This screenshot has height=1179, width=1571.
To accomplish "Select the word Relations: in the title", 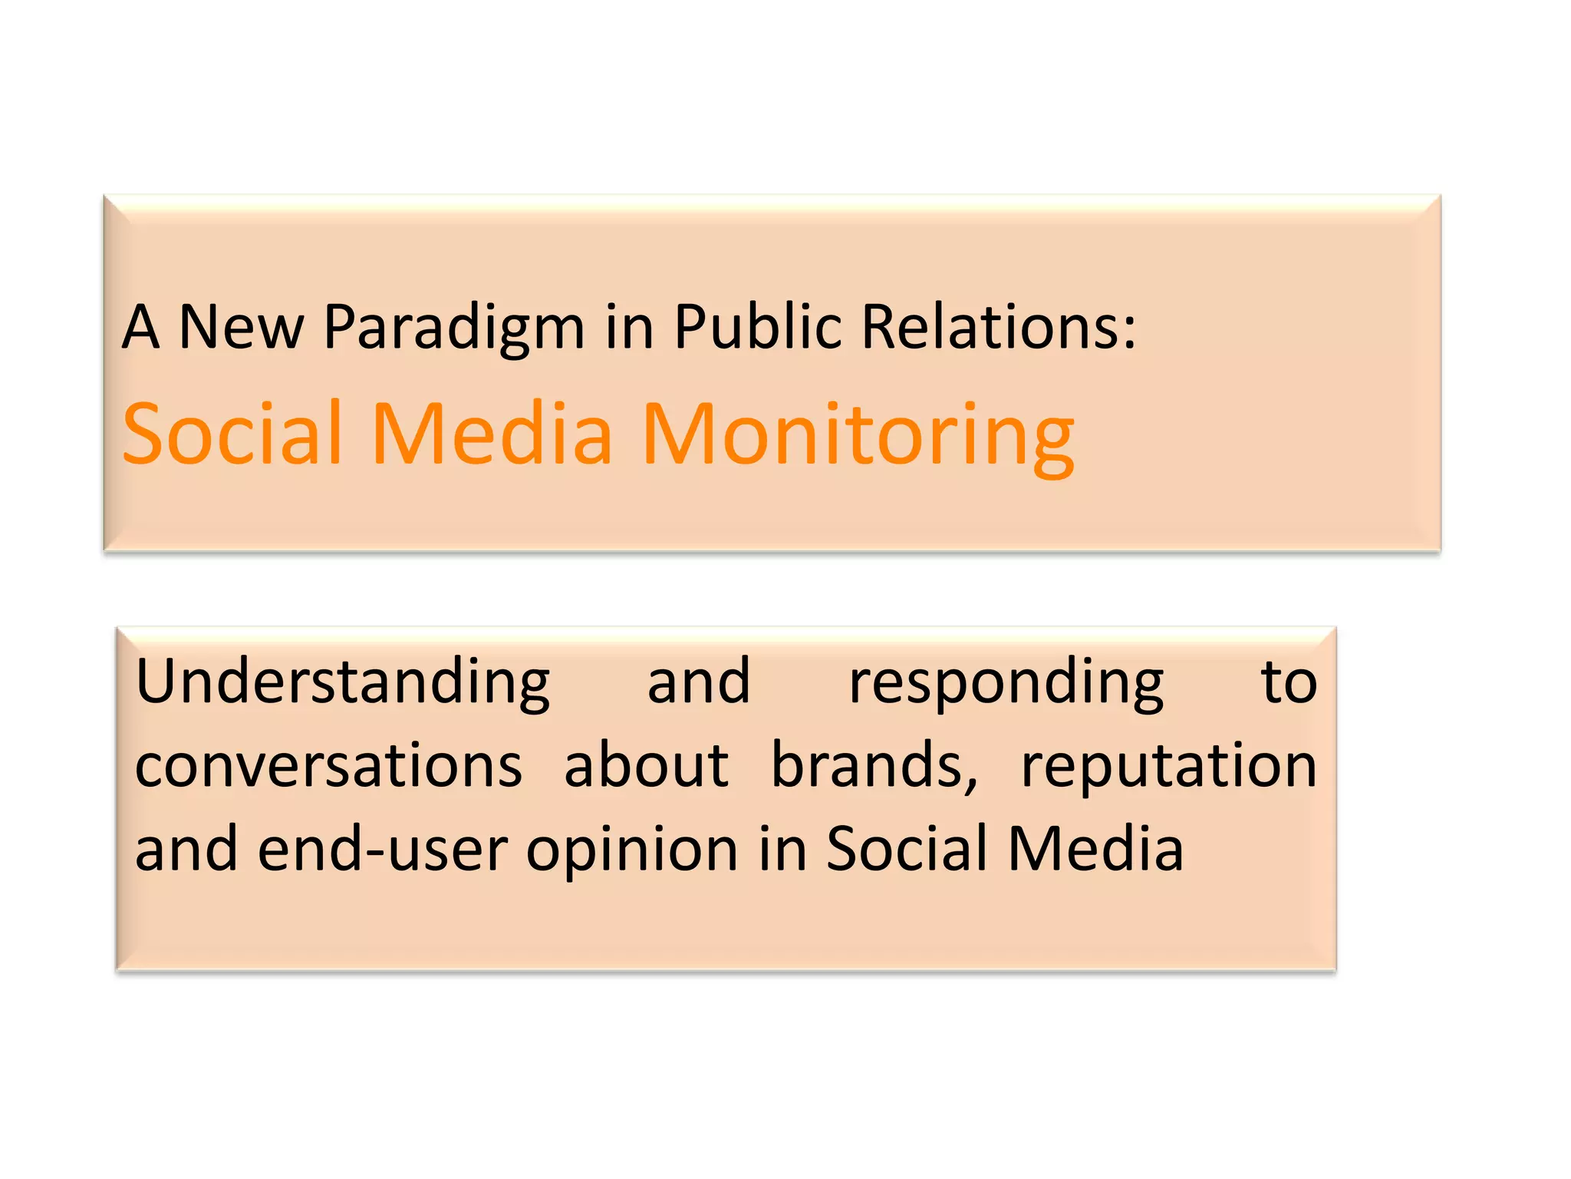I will point(997,327).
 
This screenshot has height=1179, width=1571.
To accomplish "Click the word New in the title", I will point(241,327).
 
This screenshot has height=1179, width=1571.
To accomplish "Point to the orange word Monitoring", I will point(858,436).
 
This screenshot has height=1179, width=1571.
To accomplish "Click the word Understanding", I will point(342,683).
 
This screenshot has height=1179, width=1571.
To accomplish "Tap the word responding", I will point(1006,683).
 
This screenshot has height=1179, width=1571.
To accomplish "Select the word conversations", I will point(328,766).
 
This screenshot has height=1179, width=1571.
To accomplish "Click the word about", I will point(646,766).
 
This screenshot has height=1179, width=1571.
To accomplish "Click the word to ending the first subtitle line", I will point(1289,683).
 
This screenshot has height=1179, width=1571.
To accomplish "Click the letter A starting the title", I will point(141,327).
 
